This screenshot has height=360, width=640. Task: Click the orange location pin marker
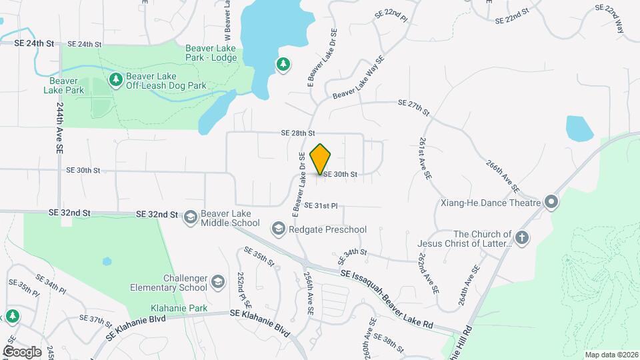tap(321, 159)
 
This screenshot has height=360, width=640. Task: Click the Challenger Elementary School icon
tap(218, 283)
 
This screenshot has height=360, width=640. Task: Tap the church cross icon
tap(522, 237)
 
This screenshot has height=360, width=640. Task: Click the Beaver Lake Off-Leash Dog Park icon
tap(117, 80)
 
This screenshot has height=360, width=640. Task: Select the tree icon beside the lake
tap(283, 65)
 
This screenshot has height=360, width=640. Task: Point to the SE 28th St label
tap(297, 133)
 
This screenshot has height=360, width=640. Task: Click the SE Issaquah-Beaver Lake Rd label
tap(387, 297)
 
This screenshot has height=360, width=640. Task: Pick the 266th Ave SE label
tap(502, 175)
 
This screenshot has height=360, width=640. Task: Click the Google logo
tap(22, 351)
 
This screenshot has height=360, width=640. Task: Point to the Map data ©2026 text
tap(611, 355)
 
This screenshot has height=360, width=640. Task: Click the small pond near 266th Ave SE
tap(579, 128)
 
